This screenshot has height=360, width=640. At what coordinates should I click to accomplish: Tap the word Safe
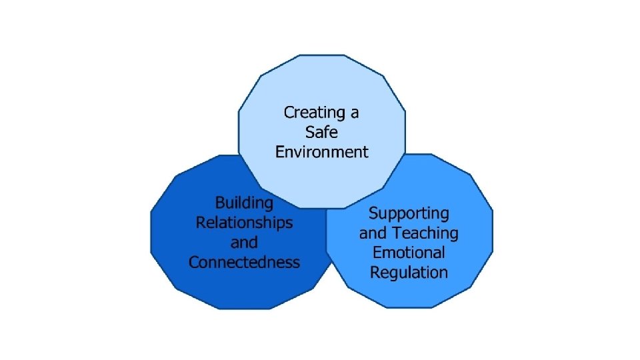point(321,132)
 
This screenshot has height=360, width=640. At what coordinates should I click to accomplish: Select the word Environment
point(321,152)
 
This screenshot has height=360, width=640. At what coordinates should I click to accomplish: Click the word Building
point(244,203)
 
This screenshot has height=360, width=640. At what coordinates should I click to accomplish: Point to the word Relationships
point(244,222)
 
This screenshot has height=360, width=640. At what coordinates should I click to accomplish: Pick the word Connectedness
point(244,262)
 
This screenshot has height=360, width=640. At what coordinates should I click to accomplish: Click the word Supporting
point(409,214)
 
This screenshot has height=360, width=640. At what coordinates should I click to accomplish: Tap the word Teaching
point(425,233)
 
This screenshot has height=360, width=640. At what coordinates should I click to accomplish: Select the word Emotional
point(409,253)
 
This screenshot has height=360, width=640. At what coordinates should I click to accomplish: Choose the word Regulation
point(409,273)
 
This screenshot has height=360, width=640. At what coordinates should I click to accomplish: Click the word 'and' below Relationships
point(244,242)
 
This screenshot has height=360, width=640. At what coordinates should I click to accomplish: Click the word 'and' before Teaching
point(373,233)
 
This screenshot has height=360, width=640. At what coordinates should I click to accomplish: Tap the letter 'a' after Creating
point(354,113)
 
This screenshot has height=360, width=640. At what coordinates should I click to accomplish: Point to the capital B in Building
point(220,202)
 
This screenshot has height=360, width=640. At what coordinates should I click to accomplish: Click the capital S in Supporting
point(374,213)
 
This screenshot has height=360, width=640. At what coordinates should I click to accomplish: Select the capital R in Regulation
point(375,272)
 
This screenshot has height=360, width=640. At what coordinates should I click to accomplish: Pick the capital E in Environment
point(280,152)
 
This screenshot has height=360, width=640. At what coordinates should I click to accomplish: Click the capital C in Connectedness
point(194,262)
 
